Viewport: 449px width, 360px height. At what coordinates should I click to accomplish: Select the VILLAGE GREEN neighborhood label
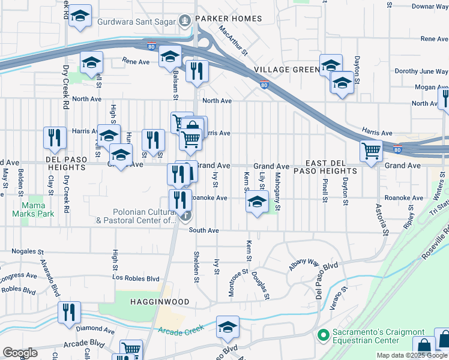click(x=286, y=70)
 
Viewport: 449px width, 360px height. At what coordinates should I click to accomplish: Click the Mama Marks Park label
click(x=33, y=209)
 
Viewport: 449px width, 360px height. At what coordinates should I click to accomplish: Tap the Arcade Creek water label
click(x=181, y=329)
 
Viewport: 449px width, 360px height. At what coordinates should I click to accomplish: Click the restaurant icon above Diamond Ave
click(x=69, y=312)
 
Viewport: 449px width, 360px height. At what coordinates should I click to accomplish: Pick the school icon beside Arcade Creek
click(x=228, y=327)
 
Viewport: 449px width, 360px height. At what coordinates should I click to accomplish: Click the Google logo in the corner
click(x=19, y=353)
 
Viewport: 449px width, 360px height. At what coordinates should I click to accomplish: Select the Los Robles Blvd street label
click(x=136, y=278)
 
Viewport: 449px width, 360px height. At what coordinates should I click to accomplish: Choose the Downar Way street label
click(x=430, y=6)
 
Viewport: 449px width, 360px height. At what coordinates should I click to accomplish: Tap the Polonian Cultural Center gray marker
click(x=187, y=216)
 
